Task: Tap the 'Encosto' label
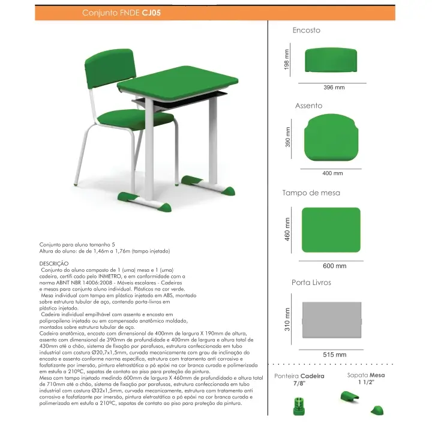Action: (x=306, y=30)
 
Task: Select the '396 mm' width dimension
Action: (x=334, y=88)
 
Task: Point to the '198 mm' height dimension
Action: (x=287, y=58)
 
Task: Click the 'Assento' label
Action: (x=308, y=106)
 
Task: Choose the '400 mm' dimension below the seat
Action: (x=333, y=173)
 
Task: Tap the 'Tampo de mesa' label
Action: (x=311, y=193)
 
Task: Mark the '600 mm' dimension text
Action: (x=334, y=266)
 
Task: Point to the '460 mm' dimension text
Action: (x=287, y=230)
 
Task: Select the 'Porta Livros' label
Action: (x=311, y=282)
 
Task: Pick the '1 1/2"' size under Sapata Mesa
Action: (x=365, y=382)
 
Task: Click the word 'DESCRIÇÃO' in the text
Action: (x=54, y=263)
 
